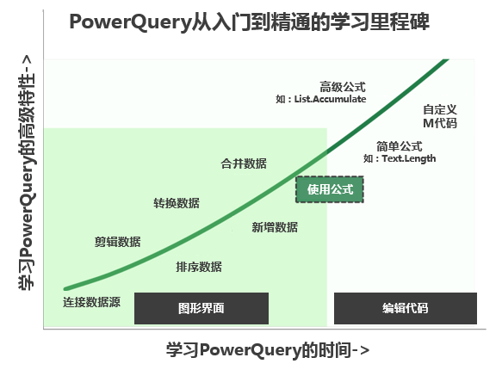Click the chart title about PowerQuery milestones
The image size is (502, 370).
[x=249, y=23]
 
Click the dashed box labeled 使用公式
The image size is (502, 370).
[x=330, y=189]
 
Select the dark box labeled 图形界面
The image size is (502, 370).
[x=201, y=308]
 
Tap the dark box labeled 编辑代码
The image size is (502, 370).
[x=405, y=308]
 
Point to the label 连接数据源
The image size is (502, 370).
[x=91, y=303]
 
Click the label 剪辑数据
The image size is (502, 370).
[x=118, y=242]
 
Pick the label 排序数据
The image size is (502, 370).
[x=199, y=267]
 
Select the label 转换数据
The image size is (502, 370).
[x=177, y=203]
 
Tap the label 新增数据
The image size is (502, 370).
[x=275, y=227]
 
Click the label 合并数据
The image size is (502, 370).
[x=244, y=163]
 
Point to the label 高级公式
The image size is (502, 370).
[x=343, y=86]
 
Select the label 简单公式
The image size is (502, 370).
[x=400, y=146]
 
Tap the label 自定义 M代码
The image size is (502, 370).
[x=439, y=117]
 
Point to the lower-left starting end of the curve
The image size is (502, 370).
[x=66, y=288]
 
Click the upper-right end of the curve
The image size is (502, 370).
[x=447, y=60]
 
